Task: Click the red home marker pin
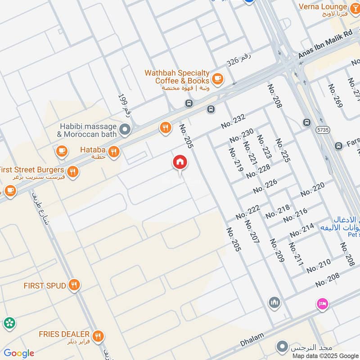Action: point(180,162)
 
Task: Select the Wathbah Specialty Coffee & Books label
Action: point(176,76)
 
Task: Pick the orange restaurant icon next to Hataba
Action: point(114,152)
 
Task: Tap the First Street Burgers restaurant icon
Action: point(72,171)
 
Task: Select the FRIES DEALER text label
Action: point(64,335)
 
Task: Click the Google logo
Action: point(19,353)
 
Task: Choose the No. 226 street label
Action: point(265,186)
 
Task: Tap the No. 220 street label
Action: point(312,189)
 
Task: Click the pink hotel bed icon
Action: point(323,304)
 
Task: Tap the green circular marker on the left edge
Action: point(9,323)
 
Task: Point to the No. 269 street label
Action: point(335,95)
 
